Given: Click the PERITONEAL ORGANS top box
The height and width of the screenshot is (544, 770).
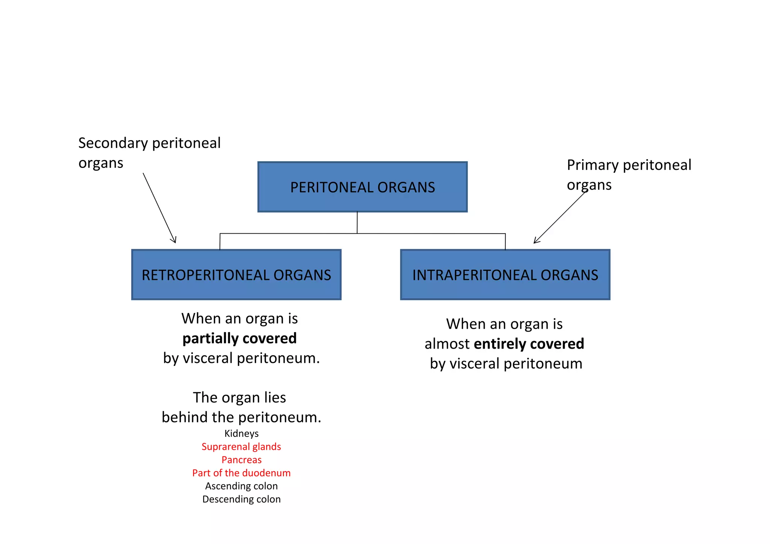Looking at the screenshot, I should pos(362,187).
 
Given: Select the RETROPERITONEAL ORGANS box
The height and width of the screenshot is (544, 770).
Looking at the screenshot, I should pos(236,275).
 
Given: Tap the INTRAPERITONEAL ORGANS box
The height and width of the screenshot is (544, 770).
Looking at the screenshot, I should pos(505,275).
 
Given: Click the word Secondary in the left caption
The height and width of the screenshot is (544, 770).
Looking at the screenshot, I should pos(113,143).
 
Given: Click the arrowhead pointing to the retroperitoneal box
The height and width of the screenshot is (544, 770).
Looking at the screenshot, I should pos(174,240).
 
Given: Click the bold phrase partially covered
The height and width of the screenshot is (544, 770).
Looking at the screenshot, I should pos(239,338).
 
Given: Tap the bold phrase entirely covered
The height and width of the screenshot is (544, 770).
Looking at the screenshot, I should pos(529,344).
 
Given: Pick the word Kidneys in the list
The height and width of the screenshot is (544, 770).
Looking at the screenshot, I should pos(241,434).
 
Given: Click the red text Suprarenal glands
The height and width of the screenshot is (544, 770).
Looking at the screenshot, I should pos(241,447).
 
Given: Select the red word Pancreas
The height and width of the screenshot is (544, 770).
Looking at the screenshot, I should pos(241,460).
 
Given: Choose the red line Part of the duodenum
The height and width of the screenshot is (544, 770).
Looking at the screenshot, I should pos(241,473).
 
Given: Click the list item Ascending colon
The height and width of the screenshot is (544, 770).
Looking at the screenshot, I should pos(241,486).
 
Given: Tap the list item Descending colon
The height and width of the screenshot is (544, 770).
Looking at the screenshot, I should pos(241,499).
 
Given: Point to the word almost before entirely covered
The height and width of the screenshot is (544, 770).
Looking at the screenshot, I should pos(447,344).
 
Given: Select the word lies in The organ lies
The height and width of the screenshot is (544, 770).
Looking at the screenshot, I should pos(274,397).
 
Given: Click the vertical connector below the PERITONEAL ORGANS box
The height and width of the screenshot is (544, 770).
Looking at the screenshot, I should pos(357,223).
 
